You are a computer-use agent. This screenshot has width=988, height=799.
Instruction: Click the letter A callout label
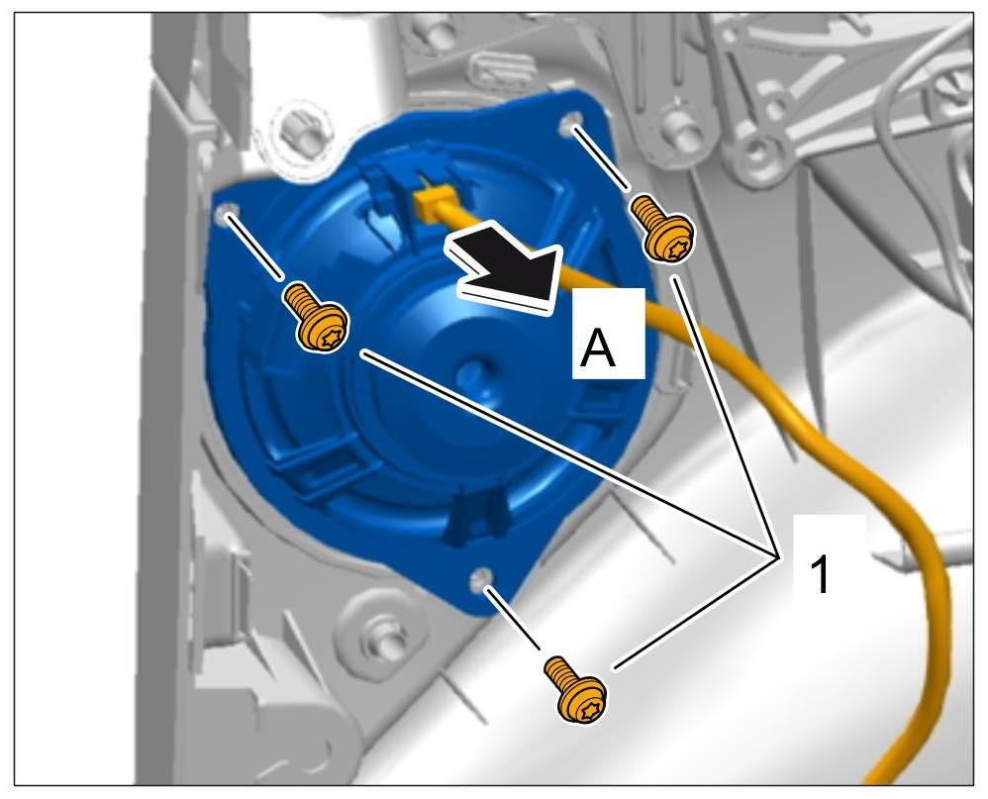598,348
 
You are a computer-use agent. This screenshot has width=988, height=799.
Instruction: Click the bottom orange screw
575,690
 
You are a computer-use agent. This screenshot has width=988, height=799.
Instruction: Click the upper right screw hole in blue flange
570,122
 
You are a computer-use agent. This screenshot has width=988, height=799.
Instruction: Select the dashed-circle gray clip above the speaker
301,134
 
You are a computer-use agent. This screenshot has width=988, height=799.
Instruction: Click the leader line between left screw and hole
254,247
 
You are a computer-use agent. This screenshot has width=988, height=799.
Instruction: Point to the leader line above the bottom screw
512,618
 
